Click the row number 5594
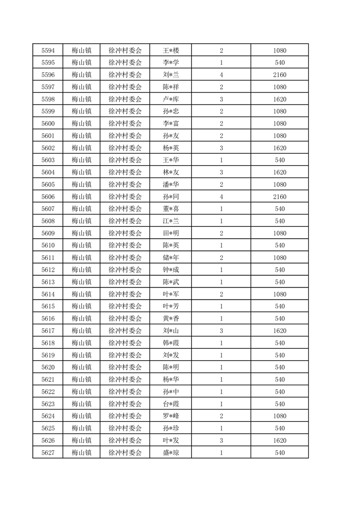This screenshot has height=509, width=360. point(48,50)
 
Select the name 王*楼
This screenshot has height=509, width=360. point(171,50)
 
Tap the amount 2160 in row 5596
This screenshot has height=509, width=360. point(280,75)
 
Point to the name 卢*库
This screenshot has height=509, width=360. point(171,99)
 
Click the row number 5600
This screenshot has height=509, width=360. point(48,123)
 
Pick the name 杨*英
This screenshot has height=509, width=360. point(171,148)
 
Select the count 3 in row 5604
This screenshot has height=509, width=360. point(221,172)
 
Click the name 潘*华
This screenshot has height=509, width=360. point(171,185)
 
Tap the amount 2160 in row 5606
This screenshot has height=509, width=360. point(280,197)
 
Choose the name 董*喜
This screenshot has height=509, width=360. point(171,209)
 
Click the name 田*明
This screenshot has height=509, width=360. point(171,233)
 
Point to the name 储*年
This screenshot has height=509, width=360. point(171,258)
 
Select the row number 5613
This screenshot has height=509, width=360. point(48,282)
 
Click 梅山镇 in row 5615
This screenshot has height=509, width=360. point(82,306)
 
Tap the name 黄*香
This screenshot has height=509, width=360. point(171,318)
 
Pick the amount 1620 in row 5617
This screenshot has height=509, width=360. point(280,331)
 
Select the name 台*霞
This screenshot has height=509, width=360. point(171,404)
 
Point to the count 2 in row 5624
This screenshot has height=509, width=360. point(221,416)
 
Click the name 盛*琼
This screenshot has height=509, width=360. point(171,453)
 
